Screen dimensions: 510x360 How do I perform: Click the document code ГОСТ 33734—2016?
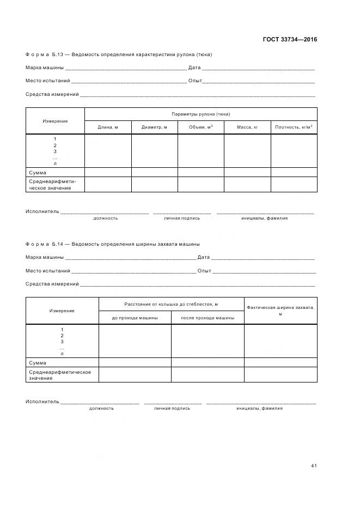click(x=289, y=40)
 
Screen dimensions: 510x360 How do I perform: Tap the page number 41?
click(x=314, y=466)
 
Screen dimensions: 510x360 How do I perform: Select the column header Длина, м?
click(x=108, y=127)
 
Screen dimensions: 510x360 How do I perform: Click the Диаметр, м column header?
click(x=154, y=127)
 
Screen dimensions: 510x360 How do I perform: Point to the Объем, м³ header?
click(x=200, y=127)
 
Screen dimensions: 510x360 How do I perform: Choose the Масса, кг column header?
click(x=247, y=127)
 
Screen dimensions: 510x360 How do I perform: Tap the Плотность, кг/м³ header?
click(x=294, y=127)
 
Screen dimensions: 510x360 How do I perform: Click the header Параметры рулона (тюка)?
click(x=200, y=114)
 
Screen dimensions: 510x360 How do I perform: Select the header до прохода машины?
click(x=135, y=317)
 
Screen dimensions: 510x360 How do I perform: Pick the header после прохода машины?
click(x=208, y=317)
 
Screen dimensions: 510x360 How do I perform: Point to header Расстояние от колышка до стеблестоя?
click(x=171, y=304)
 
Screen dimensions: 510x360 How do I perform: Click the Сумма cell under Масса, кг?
click(x=247, y=172)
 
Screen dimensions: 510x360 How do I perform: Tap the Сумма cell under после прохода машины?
click(x=208, y=362)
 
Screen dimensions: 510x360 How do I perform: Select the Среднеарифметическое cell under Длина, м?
click(x=108, y=185)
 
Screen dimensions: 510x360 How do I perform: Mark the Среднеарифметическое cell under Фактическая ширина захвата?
click(x=280, y=375)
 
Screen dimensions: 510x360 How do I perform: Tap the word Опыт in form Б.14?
click(x=204, y=271)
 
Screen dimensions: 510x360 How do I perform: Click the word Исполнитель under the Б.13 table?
click(x=42, y=211)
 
